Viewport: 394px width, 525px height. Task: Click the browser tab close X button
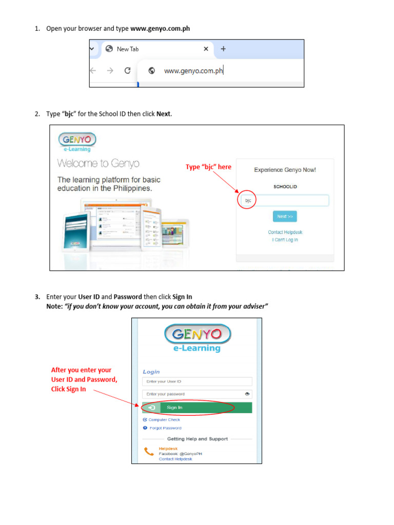point(206,49)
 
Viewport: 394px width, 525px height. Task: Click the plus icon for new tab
point(223,49)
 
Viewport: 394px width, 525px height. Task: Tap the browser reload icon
point(127,71)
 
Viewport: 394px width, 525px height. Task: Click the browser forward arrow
point(110,71)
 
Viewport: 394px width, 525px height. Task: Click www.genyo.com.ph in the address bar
point(193,71)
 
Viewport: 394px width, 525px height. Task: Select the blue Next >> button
point(285,216)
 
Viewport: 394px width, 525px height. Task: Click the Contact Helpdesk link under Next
point(285,232)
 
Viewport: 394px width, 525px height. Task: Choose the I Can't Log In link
point(285,240)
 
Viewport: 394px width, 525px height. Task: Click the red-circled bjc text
point(248,201)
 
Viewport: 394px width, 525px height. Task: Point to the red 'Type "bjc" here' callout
point(208,167)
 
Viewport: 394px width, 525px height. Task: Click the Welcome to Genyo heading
point(98,164)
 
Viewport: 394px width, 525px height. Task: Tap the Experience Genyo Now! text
point(285,170)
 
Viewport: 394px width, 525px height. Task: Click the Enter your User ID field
point(197,381)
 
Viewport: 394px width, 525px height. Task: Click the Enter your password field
point(192,394)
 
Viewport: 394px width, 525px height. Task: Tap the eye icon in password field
point(247,394)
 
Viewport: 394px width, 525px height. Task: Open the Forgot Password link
point(165,428)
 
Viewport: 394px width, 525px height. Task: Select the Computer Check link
point(164,419)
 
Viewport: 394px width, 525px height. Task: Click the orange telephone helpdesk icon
point(149,452)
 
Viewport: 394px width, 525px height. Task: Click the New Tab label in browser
point(128,49)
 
